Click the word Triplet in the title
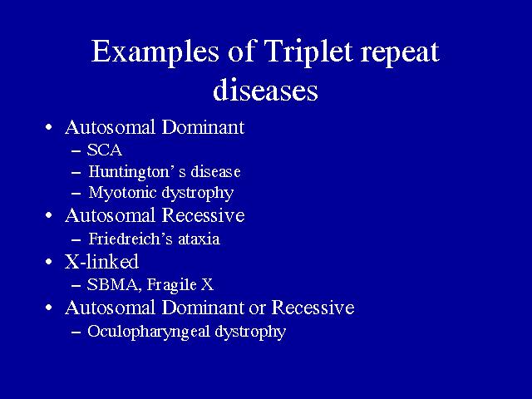(308, 52)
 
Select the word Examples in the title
(155, 52)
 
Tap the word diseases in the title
(265, 90)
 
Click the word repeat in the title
(400, 53)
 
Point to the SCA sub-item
(105, 150)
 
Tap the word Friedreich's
(131, 239)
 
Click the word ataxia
(199, 239)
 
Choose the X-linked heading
(101, 261)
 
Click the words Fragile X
(180, 285)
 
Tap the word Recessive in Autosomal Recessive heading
(203, 215)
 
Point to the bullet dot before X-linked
(49, 262)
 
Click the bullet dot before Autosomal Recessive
(49, 215)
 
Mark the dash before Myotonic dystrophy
(76, 194)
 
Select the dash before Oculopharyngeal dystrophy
(76, 332)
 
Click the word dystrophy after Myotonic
(198, 194)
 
